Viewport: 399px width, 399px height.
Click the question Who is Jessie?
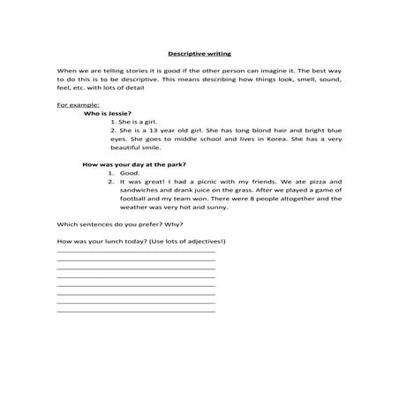107,113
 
